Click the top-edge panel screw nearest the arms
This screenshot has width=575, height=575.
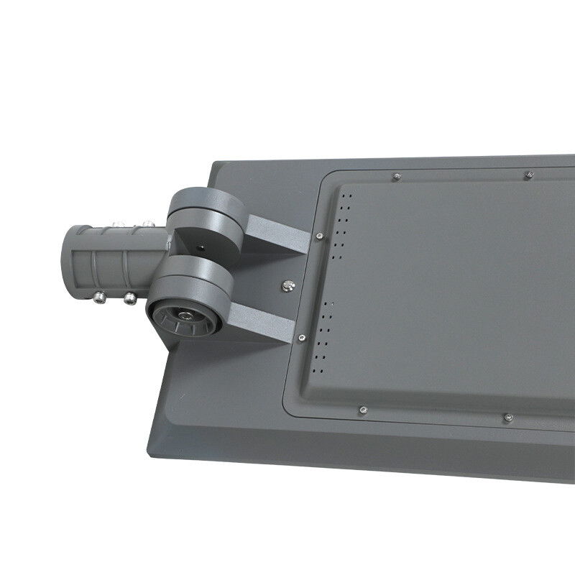click(x=396, y=175)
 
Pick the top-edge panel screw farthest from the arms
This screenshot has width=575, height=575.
click(x=528, y=174)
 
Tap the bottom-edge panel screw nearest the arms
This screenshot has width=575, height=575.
click(x=363, y=410)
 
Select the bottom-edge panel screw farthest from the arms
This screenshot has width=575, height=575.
click(x=507, y=416)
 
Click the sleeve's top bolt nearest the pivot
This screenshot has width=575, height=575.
click(x=147, y=225)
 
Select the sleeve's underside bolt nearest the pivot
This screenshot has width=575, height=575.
click(x=130, y=298)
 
